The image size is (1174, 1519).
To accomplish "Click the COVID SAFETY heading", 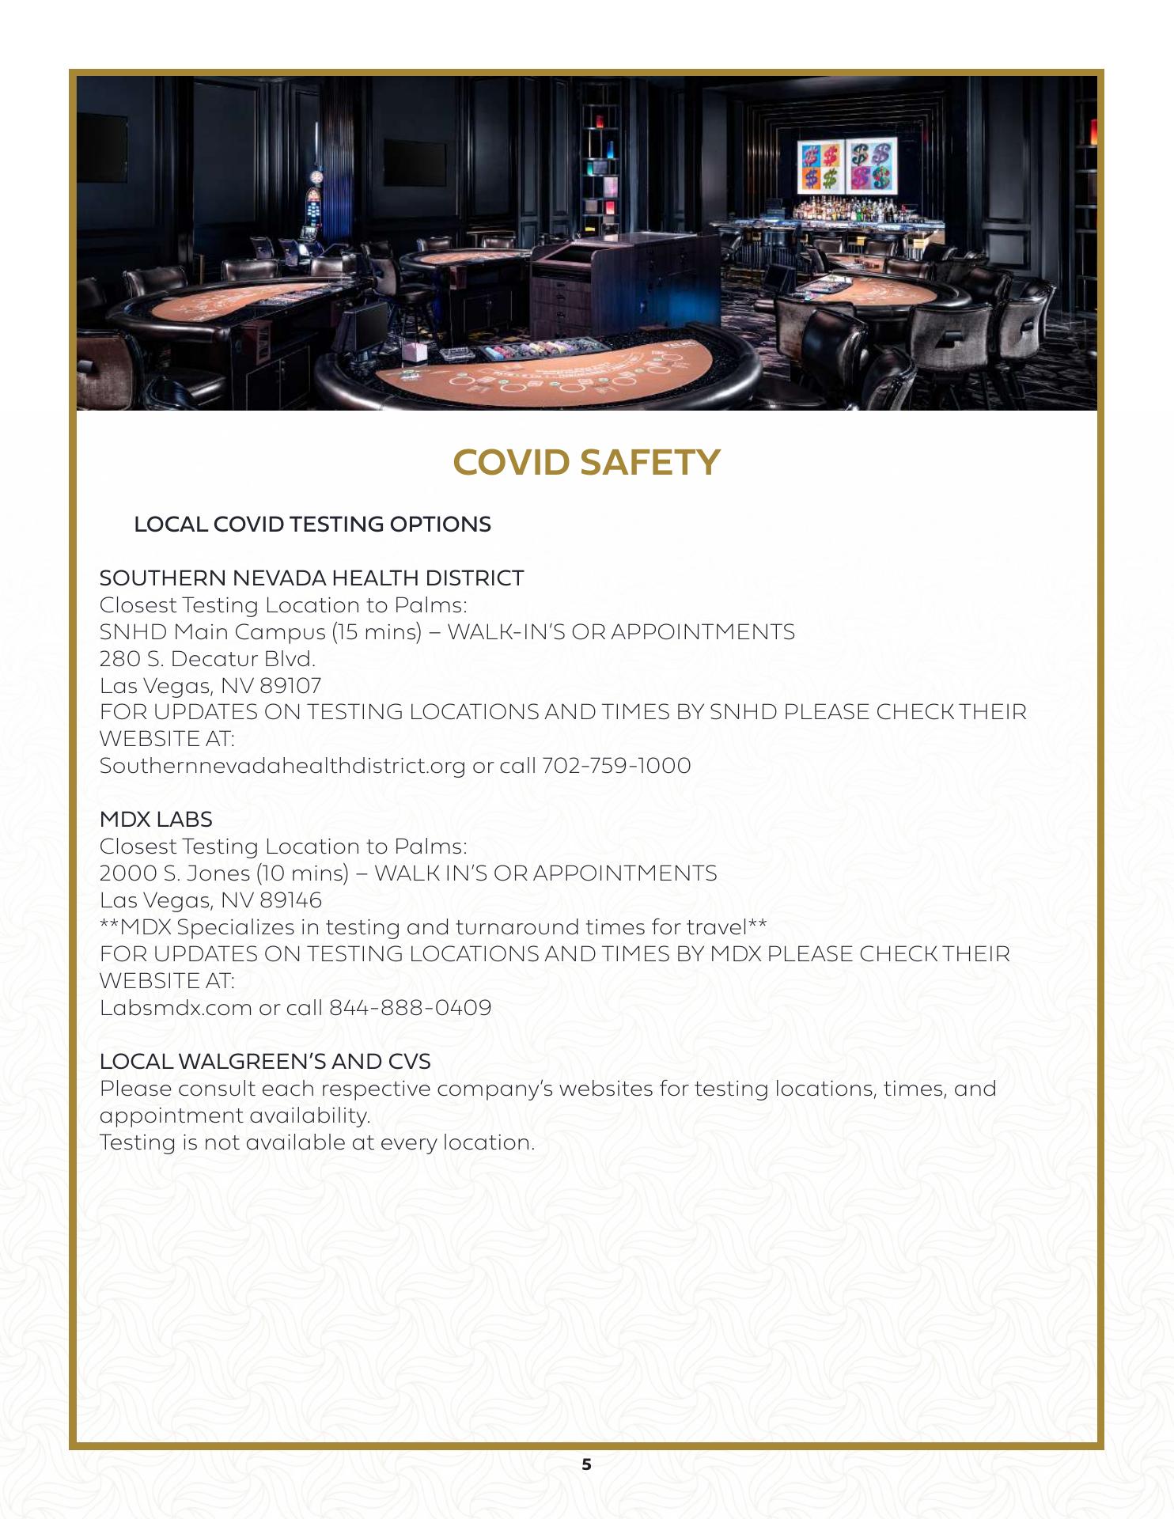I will coord(586,463).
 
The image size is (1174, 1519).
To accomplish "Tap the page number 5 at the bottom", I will coord(586,1464).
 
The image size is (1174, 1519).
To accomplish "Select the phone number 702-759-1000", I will coord(616,766).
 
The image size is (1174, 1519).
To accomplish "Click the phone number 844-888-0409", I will coord(410,1008).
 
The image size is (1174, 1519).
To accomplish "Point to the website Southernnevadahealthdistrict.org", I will coord(282,766).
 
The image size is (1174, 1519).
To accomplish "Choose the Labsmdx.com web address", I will coord(176,1008).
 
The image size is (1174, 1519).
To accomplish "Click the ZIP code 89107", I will coord(290,686).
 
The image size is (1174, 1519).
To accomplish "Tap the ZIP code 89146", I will coord(290,900).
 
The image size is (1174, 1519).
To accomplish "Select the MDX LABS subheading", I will coord(156,820).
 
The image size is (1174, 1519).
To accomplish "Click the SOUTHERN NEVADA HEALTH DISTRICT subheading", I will coord(312,578).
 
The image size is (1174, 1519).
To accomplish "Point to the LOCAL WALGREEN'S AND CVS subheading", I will coord(265,1062).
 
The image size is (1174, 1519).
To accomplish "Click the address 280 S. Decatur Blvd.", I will coord(207,659).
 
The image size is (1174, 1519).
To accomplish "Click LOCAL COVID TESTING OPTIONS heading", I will coord(312,525).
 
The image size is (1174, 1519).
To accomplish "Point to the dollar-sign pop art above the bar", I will coord(846,166).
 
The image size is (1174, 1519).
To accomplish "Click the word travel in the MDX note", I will coord(716,927).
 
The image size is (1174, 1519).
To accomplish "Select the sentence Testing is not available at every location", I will coord(317,1142).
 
